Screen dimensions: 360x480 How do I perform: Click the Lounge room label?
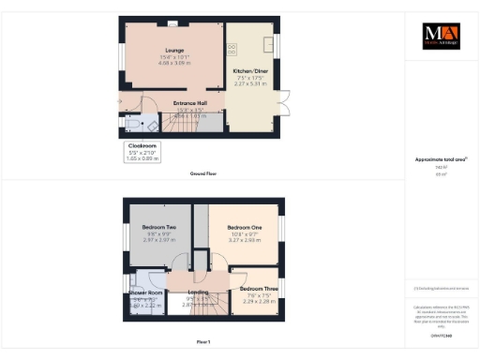click(x=173, y=50)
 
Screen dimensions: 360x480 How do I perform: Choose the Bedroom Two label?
click(x=158, y=228)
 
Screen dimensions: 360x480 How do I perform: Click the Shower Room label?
click(x=146, y=293)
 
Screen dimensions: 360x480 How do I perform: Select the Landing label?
click(x=198, y=292)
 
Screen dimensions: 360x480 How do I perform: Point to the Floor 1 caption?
click(x=203, y=342)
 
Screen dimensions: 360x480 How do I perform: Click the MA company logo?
click(x=440, y=37)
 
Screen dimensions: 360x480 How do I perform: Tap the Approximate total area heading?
click(x=440, y=159)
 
